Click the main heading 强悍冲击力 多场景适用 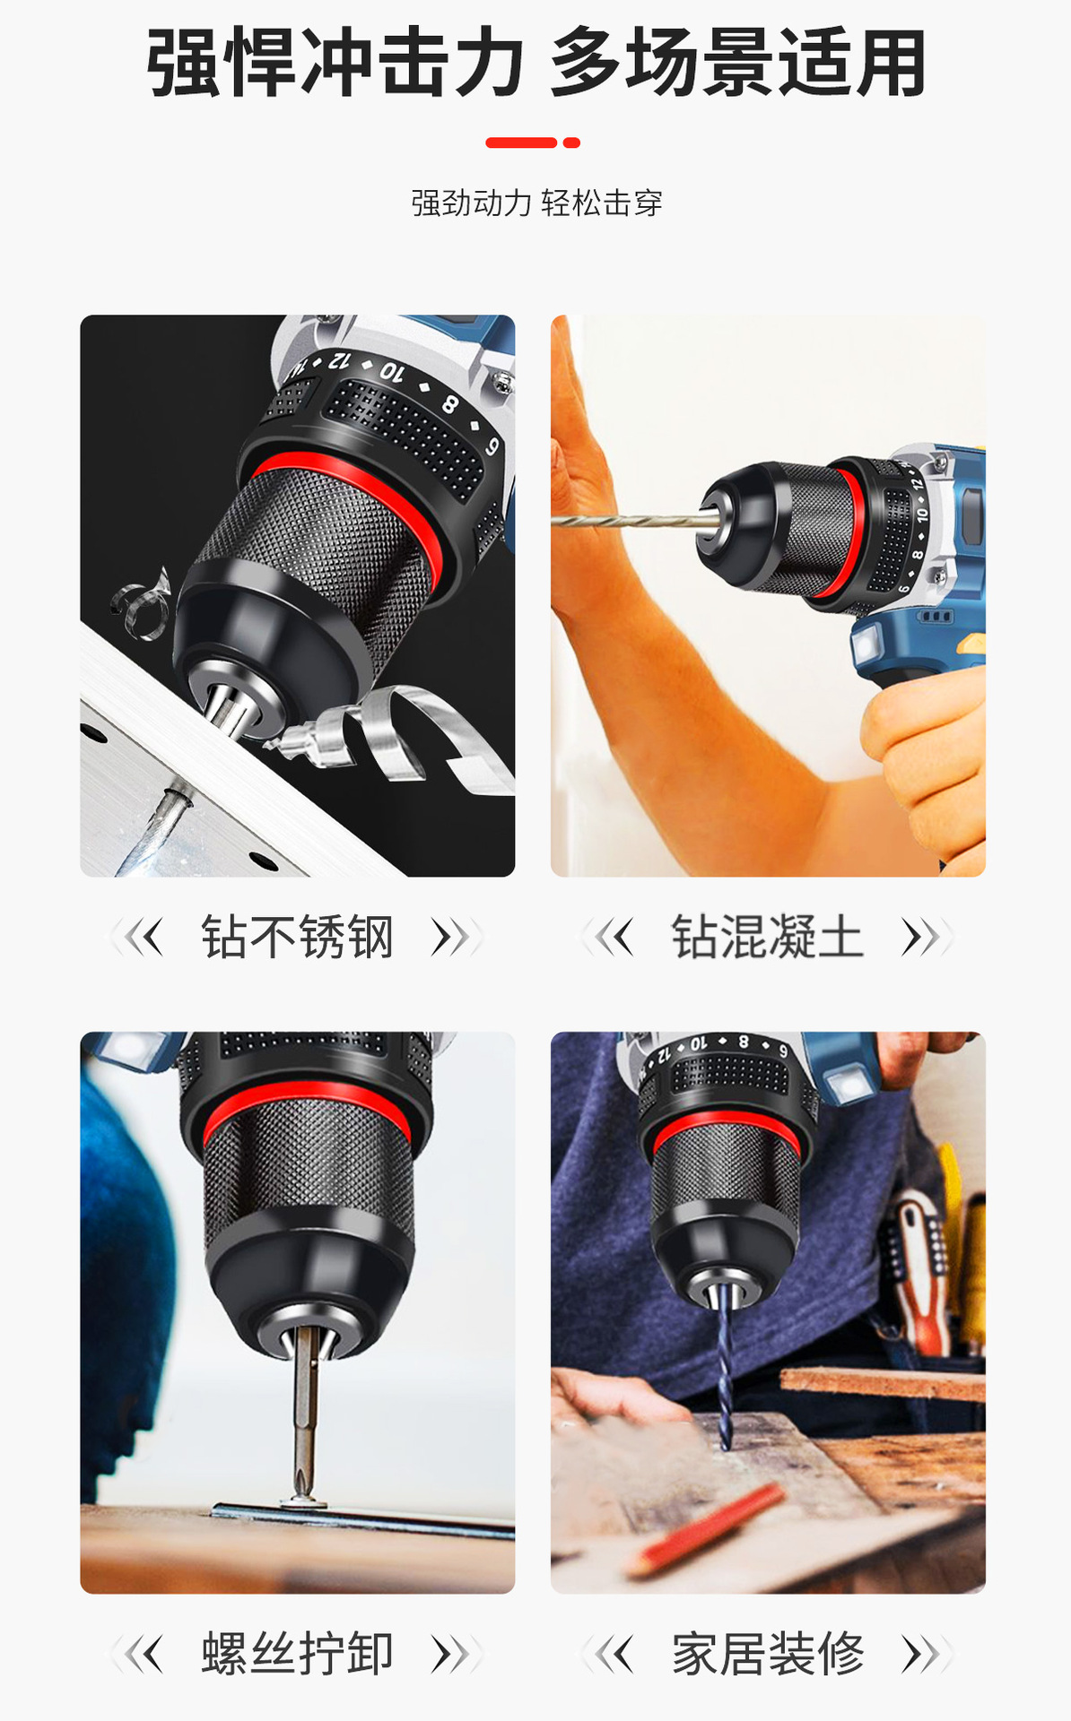click(535, 63)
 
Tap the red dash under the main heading click(533, 143)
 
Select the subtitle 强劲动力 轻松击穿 click(536, 203)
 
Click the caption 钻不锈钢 click(297, 938)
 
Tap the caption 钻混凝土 click(768, 938)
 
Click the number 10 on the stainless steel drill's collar click(392, 370)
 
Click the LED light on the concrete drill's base click(866, 644)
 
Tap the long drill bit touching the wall click(628, 520)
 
